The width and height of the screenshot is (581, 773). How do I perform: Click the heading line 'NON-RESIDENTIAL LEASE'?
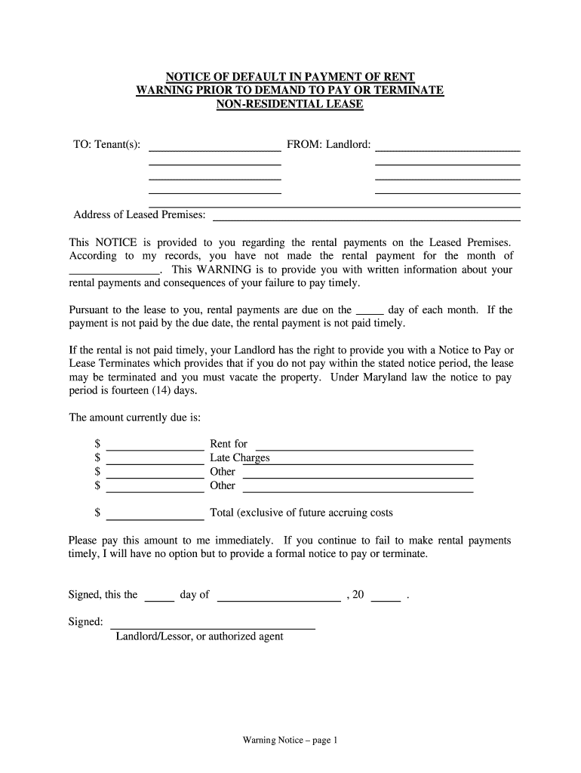pos(290,104)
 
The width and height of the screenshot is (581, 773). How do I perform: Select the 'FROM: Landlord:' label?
pos(328,144)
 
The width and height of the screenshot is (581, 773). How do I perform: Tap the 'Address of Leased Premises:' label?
pos(140,215)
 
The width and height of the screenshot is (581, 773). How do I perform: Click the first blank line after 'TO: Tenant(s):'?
pos(215,149)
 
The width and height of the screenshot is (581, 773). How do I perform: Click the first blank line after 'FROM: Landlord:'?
pos(447,149)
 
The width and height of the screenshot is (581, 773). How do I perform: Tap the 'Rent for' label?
pos(229,444)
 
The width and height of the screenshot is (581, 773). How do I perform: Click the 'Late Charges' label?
pos(239,457)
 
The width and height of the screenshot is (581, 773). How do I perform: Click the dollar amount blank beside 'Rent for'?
pos(155,447)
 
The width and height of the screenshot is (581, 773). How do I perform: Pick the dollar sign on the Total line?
pos(97,513)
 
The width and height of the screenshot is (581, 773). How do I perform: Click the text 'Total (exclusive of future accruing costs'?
pos(301,513)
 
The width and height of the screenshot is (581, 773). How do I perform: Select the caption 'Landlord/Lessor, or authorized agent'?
pos(199,636)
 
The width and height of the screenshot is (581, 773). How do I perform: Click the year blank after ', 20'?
pos(386,599)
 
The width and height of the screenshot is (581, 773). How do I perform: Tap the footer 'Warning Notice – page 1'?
pos(290,741)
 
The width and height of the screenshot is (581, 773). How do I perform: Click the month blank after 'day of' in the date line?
pos(278,599)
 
